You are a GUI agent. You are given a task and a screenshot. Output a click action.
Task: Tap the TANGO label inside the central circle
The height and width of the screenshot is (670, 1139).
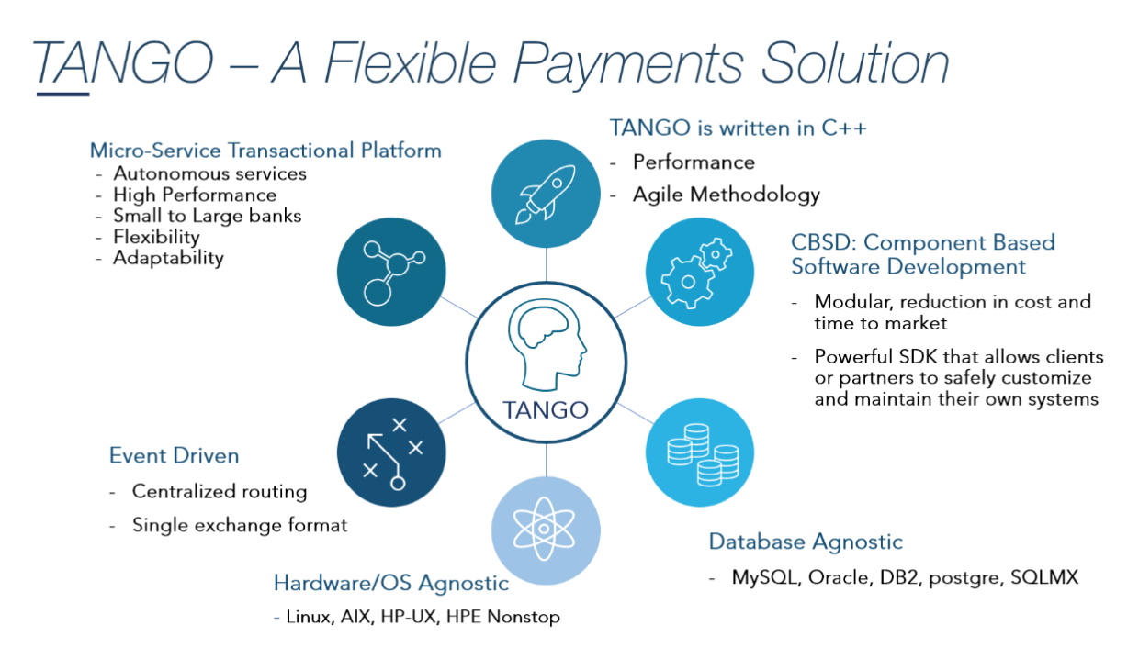pos(546,409)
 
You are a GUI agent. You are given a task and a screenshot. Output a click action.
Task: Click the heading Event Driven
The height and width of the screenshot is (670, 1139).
pos(174,455)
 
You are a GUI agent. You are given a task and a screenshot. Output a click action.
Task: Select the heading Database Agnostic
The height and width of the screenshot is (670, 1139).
pos(806,542)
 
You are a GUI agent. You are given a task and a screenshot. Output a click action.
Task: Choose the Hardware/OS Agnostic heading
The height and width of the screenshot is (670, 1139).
pos(390,583)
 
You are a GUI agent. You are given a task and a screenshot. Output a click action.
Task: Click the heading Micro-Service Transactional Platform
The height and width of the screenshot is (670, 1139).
pos(265,151)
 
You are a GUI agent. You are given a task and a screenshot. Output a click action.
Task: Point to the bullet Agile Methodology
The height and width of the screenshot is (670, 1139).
pos(726,195)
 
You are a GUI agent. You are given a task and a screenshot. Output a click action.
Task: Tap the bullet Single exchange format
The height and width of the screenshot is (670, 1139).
pos(240,525)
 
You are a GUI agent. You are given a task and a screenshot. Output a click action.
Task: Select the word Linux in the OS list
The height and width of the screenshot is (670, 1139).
pos(308,617)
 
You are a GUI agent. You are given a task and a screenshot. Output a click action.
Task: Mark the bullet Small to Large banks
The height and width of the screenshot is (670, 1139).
pos(207,216)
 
